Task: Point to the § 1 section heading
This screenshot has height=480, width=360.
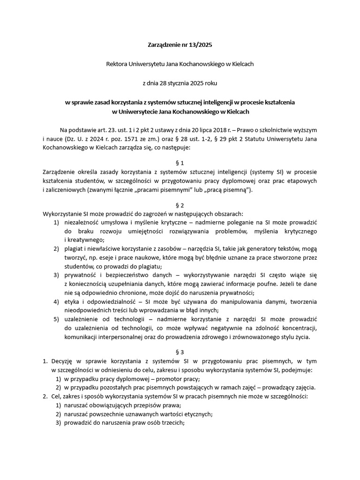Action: [x=180, y=162]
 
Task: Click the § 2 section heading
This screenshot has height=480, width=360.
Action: [x=180, y=205]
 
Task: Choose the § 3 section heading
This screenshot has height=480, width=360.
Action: [x=180, y=352]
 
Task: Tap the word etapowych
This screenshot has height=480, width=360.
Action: [x=301, y=180]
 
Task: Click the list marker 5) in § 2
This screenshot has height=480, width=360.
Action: [x=56, y=319]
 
